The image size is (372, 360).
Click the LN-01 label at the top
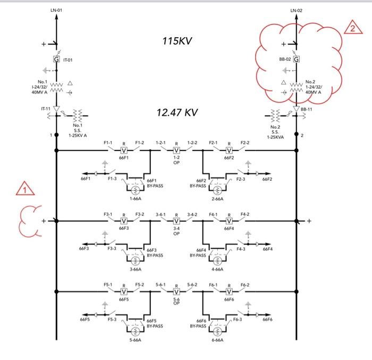(x=56, y=10)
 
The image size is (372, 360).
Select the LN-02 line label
(x=296, y=10)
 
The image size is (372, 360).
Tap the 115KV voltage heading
(x=177, y=41)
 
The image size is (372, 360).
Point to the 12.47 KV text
(x=177, y=113)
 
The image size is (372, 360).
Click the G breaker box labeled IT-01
(x=56, y=60)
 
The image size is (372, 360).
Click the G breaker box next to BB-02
(x=296, y=60)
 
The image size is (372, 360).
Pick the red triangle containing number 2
(x=350, y=28)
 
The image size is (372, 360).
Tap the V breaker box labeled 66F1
(x=123, y=150)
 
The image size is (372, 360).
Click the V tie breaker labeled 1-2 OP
(x=176, y=150)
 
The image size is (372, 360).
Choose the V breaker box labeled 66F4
(x=229, y=221)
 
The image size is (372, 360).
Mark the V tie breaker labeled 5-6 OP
(x=176, y=291)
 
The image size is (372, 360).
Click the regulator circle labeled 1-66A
(x=135, y=189)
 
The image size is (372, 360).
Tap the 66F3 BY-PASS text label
(x=154, y=253)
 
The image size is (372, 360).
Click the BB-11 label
(x=307, y=109)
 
